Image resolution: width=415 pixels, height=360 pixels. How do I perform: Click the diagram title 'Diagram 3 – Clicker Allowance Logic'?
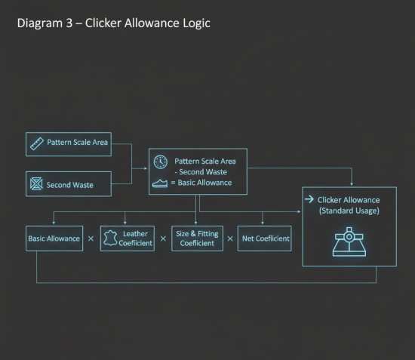pos(113,23)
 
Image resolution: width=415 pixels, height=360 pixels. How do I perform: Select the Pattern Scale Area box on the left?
pos(68,143)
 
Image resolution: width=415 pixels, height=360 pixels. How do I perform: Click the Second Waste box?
pos(68,184)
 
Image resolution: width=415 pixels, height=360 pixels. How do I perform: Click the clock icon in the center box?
pos(160,162)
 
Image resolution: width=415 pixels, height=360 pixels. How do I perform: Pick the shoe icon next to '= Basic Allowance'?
pos(160,183)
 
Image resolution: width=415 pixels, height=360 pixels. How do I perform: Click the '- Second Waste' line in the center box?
pos(205,172)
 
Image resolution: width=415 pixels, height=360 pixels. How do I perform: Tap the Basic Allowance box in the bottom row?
pos(54,238)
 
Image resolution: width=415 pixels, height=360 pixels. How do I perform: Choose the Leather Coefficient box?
pos(127,238)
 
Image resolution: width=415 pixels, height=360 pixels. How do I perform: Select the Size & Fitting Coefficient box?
pos(196,238)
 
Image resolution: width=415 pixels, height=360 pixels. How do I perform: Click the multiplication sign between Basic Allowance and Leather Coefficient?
pos(91,238)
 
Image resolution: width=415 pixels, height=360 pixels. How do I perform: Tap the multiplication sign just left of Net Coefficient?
pos(230,238)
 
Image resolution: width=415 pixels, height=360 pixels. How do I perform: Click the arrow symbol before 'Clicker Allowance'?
pos(309,199)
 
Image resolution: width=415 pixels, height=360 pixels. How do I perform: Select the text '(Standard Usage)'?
pos(349,211)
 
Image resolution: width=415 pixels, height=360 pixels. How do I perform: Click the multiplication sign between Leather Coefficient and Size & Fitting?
pos(162,238)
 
